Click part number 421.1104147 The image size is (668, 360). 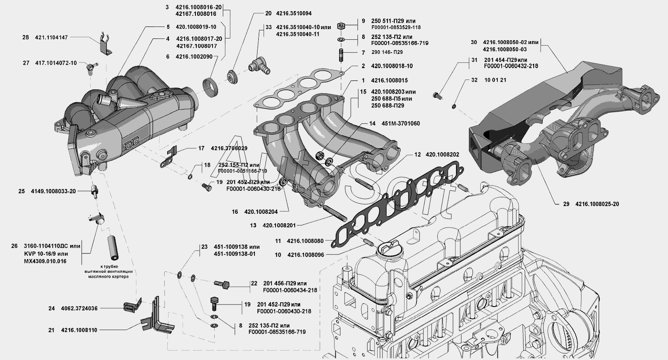51,38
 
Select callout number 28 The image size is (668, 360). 26,38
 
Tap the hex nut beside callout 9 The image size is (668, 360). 341,25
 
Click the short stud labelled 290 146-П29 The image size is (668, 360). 342,56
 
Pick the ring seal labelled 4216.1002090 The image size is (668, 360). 211,87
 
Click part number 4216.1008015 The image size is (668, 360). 389,80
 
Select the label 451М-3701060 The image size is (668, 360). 401,124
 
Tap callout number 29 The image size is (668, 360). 566,204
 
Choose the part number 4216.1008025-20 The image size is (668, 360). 597,204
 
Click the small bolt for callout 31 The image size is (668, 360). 437,96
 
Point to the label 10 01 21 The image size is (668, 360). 495,80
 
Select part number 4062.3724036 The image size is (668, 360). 79,308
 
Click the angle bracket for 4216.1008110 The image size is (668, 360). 158,321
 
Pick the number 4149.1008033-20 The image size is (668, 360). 53,191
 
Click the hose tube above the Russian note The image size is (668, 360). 113,248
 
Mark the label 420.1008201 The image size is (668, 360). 279,225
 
